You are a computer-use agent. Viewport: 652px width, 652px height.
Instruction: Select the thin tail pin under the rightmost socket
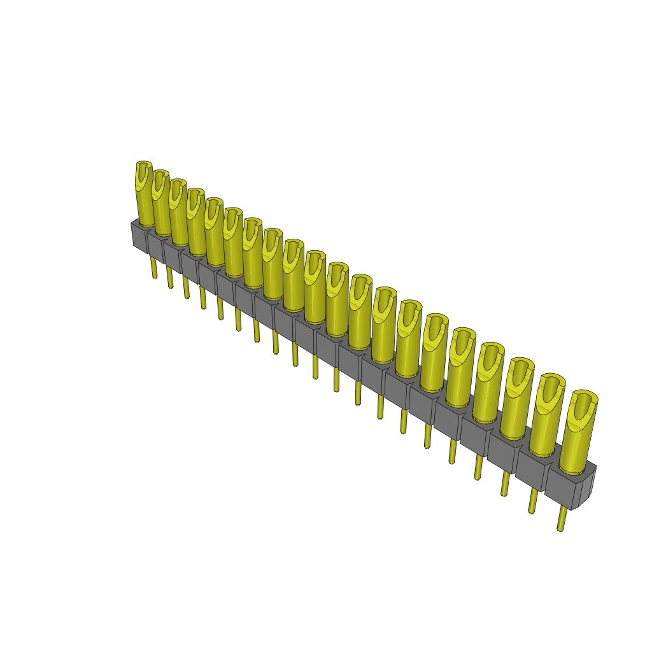click(x=562, y=518)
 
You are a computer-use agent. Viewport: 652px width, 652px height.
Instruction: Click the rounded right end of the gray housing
click(x=589, y=486)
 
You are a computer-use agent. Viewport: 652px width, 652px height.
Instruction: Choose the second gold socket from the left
click(x=162, y=204)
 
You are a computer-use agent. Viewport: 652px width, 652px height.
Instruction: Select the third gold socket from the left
click(x=179, y=213)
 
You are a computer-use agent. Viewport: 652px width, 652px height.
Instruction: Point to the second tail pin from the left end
click(x=170, y=278)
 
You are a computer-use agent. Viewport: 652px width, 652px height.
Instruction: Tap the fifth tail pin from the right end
click(x=452, y=451)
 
